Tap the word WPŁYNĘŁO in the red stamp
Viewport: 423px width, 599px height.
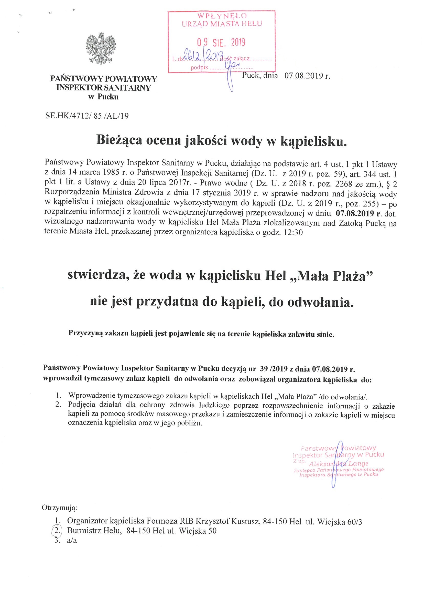[x=222, y=16]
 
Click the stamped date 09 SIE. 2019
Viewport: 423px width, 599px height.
[x=221, y=42]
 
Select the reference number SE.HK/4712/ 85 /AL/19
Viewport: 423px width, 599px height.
[x=87, y=116]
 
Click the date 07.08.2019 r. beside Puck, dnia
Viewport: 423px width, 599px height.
[x=307, y=76]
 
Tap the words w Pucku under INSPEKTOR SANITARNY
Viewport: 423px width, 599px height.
[x=103, y=97]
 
